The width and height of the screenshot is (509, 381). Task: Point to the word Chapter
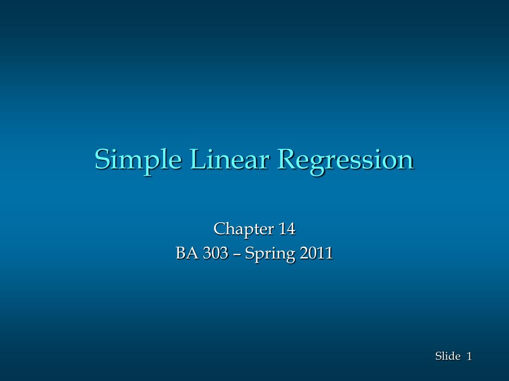click(x=244, y=229)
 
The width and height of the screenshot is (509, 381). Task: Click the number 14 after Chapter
click(x=287, y=229)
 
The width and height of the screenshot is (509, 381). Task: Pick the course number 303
click(x=216, y=253)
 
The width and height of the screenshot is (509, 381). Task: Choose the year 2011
click(x=317, y=253)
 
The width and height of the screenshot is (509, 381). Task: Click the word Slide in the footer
click(x=448, y=356)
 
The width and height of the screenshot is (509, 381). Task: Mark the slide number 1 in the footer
click(x=469, y=356)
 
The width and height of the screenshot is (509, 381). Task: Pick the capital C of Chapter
click(x=220, y=229)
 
